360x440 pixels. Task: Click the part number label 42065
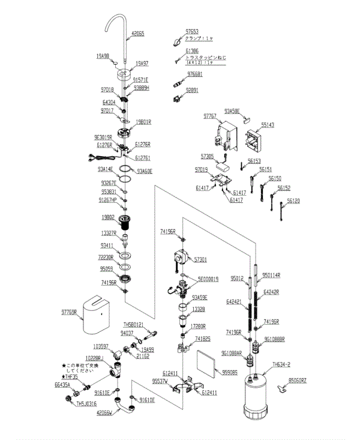point(137,34)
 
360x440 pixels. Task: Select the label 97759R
point(70,312)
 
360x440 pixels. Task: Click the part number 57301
point(200,259)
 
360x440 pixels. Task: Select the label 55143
point(268,125)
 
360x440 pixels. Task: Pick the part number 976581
point(194,74)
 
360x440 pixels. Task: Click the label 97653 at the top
point(192,31)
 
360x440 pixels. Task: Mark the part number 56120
point(293,200)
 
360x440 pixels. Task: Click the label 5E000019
point(208,279)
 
